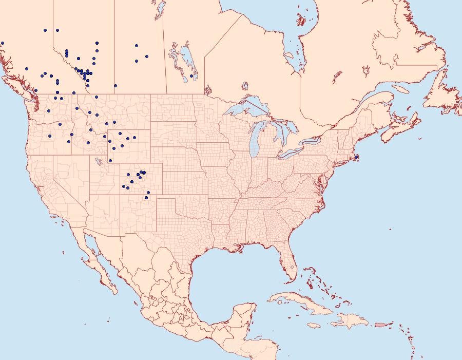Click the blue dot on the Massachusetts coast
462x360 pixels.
pyautogui.click(x=356, y=157)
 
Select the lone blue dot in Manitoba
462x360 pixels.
pyautogui.click(x=191, y=76)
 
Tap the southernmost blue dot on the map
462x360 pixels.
pyautogui.click(x=147, y=197)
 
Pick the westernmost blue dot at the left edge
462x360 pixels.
pyautogui.click(x=3, y=43)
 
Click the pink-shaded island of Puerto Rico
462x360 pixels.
pyautogui.click(x=379, y=324)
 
